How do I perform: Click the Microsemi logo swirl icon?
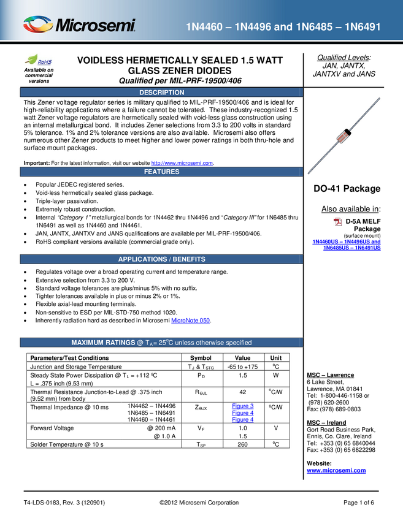click(x=38, y=25)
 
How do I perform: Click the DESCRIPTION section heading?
click(x=161, y=93)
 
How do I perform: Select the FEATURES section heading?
click(x=161, y=172)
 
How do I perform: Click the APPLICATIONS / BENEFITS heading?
click(x=161, y=259)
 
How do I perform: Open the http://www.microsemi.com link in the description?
click(x=182, y=163)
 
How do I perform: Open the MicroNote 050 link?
click(x=191, y=321)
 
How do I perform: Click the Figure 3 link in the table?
click(x=243, y=406)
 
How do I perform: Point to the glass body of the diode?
click(x=344, y=135)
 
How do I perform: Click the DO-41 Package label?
click(x=347, y=188)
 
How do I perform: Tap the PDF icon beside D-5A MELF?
click(x=337, y=222)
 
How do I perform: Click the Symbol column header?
click(x=201, y=358)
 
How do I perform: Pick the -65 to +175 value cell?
click(x=243, y=367)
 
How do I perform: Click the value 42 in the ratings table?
click(x=243, y=392)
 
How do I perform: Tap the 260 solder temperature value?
click(x=243, y=444)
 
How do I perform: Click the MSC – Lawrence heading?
click(x=330, y=375)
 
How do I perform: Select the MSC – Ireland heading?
click(x=326, y=423)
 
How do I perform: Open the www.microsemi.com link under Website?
click(x=336, y=471)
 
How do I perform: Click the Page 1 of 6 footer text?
click(x=359, y=503)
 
